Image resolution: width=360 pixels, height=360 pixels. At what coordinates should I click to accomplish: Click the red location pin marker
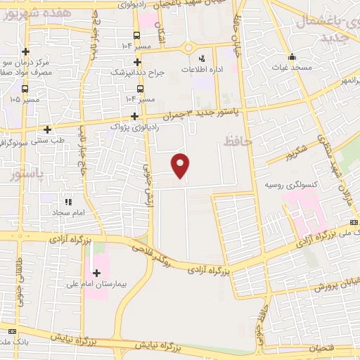pyautogui.click(x=181, y=165)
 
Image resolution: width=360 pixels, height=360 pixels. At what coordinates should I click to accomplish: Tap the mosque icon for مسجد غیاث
pyautogui.click(x=292, y=58)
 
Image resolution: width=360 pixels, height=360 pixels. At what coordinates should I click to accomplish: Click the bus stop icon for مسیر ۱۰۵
pyautogui.click(x=25, y=89)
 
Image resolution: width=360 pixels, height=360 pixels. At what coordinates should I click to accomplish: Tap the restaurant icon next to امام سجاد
pyautogui.click(x=68, y=201)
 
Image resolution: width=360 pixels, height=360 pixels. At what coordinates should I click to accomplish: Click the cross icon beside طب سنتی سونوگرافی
pyautogui.click(x=48, y=129)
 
